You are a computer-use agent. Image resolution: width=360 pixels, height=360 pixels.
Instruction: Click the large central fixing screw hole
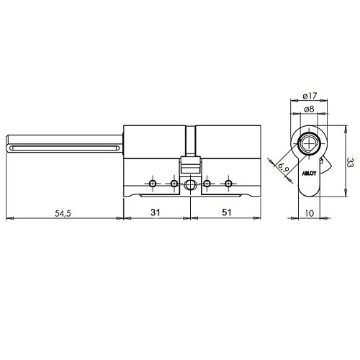coord(190,185)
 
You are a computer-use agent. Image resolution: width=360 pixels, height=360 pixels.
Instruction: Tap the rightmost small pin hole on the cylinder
coord(228,185)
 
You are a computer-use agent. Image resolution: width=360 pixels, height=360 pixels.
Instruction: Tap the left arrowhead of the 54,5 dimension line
coord(7,217)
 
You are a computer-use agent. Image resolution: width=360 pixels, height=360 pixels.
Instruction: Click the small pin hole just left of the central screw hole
coord(174,185)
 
